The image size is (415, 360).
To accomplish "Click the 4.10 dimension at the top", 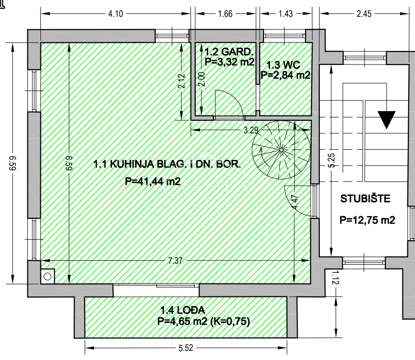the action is pos(116,14).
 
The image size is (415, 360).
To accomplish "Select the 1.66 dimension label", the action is pos(225,14).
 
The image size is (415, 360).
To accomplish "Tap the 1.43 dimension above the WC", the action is pos(286,14).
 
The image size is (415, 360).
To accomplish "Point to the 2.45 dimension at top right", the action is pos(364,14).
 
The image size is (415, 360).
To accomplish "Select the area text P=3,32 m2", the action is pos(230,62).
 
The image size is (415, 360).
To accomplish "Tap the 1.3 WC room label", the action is pos(283,65).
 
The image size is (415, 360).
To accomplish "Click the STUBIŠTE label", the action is pos(365,199).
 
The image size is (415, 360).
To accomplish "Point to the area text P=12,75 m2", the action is pos(367,220).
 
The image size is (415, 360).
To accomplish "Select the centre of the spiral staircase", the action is pos(281,150).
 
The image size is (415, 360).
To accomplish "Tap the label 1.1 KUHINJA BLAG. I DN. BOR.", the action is pos(167,164).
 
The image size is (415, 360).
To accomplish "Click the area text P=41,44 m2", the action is pos(153,181).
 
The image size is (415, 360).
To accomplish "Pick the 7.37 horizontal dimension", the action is pos(175,261).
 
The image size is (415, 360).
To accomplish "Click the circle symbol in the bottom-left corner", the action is pos(48,277).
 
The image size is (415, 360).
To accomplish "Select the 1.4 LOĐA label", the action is pos(183,310).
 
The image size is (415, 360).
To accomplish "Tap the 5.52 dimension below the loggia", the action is pos(186,348).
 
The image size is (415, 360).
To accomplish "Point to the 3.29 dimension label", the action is pos(251,130).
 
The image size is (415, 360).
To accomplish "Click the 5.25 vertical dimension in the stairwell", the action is pos(332,161).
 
